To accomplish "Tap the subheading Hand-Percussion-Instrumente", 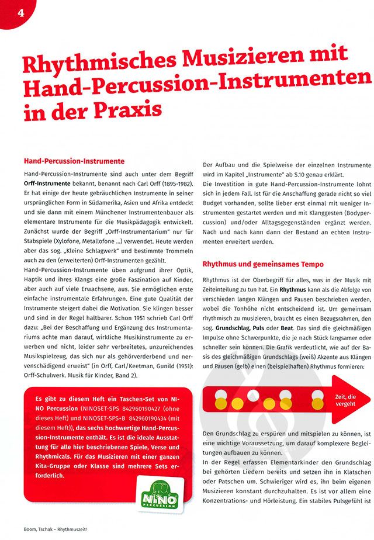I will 74,161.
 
